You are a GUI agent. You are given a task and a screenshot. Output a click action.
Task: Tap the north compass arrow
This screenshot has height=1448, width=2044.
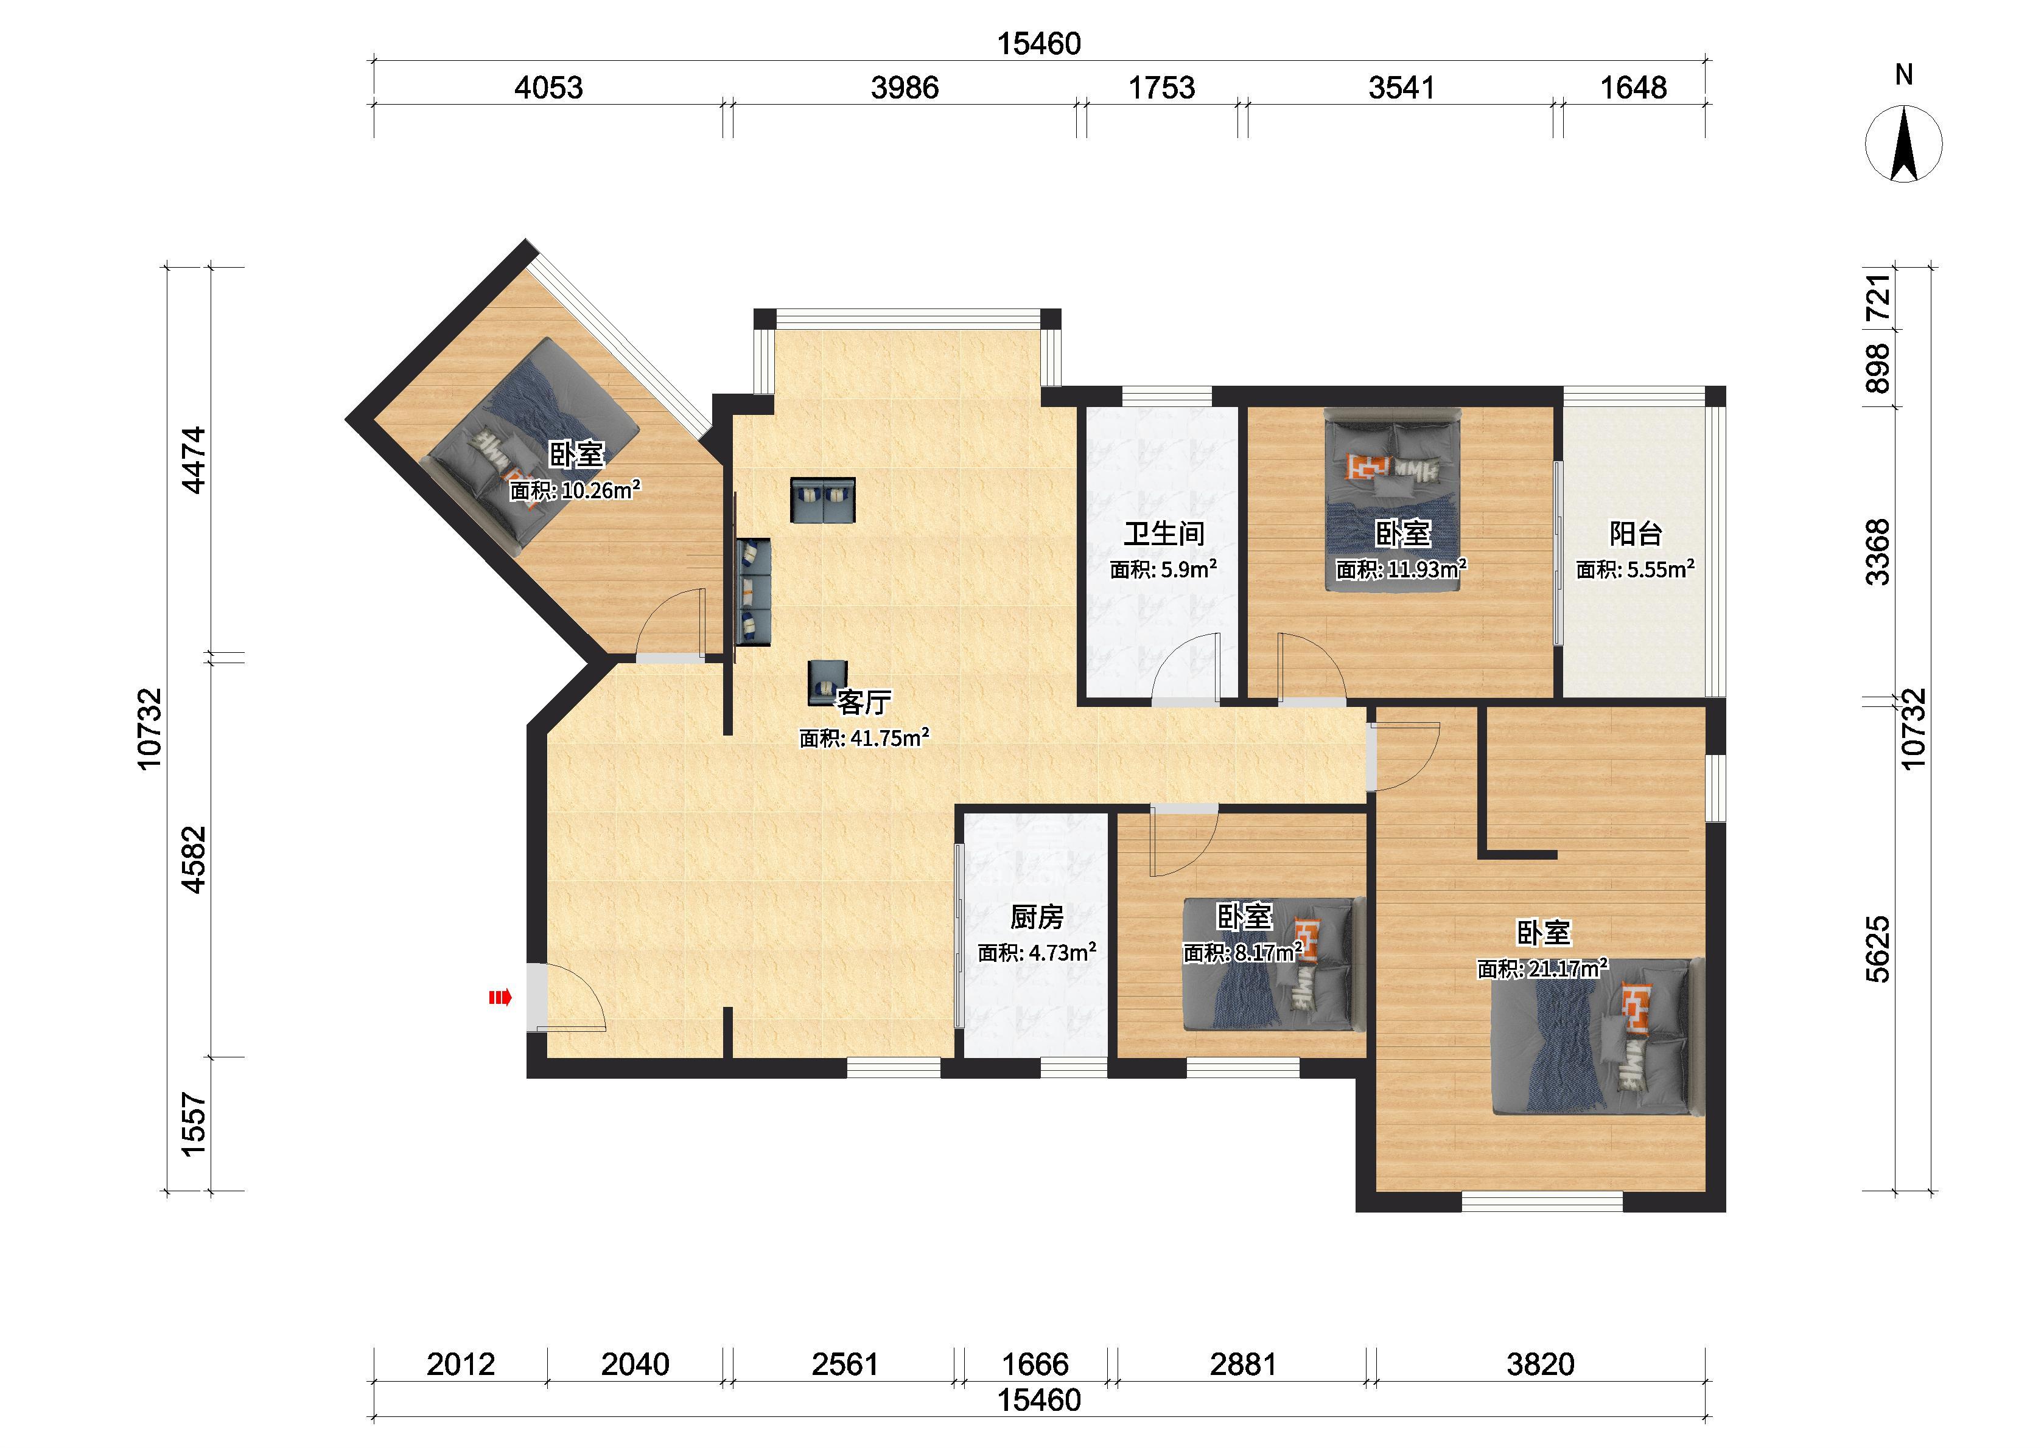pyautogui.click(x=1904, y=144)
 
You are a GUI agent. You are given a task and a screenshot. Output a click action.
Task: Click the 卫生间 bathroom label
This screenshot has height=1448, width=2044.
pyautogui.click(x=1164, y=534)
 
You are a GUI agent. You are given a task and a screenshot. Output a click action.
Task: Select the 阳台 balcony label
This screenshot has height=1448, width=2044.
pyautogui.click(x=1636, y=534)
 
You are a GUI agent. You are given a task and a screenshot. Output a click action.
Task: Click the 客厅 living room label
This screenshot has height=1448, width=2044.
pyautogui.click(x=863, y=703)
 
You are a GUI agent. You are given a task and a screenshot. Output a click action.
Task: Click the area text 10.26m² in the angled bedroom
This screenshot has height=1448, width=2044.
pyautogui.click(x=601, y=490)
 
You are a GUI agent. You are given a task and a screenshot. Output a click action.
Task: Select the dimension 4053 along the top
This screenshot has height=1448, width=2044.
pyautogui.click(x=548, y=88)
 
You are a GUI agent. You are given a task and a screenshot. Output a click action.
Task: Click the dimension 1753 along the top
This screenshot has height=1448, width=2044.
pyautogui.click(x=1161, y=88)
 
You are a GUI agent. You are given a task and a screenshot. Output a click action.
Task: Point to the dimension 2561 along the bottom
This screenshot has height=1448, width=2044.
pyautogui.click(x=844, y=1363)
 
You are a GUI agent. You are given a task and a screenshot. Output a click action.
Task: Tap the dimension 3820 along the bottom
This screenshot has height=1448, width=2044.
pyautogui.click(x=1540, y=1363)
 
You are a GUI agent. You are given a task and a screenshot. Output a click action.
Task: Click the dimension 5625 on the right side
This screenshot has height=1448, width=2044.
pyautogui.click(x=1877, y=950)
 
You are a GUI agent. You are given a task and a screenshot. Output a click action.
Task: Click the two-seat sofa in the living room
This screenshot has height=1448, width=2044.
pyautogui.click(x=822, y=499)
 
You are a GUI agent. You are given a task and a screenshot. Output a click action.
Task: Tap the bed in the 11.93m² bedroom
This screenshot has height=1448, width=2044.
pyautogui.click(x=1392, y=499)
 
